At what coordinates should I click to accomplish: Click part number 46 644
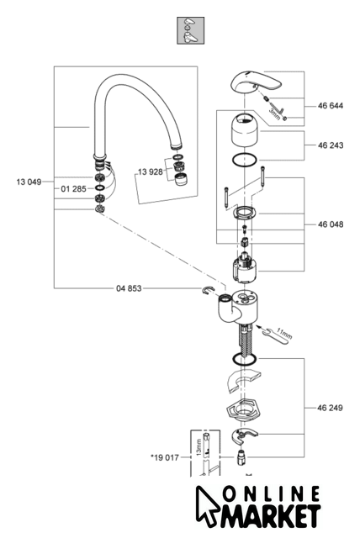331,106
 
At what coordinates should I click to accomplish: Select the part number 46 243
331,145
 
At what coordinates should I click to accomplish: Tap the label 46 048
331,224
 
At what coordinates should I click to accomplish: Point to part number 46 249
330,408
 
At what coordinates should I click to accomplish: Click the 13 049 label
29,182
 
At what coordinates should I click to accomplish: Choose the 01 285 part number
73,188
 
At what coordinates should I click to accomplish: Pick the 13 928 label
151,171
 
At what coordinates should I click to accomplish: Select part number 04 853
129,288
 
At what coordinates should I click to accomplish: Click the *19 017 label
165,457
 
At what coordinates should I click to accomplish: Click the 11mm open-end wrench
275,338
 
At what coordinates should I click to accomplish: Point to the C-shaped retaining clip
207,290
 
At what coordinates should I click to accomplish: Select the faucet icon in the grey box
190,30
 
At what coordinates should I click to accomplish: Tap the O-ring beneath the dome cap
245,161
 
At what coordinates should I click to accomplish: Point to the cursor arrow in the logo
205,504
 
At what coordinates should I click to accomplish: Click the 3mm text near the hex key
274,114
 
